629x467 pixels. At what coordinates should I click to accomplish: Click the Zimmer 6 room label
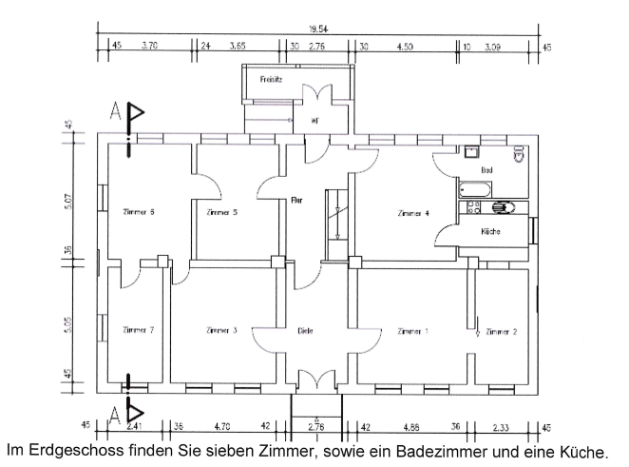pyautogui.click(x=139, y=212)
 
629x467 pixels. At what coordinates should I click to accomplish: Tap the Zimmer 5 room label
pyautogui.click(x=221, y=212)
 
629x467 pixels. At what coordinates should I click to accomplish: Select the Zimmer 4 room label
pyautogui.click(x=413, y=214)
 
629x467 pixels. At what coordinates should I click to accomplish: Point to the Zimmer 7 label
pyautogui.click(x=139, y=330)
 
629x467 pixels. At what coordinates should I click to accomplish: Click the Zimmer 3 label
pyautogui.click(x=221, y=330)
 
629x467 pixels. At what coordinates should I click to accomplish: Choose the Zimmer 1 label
pyautogui.click(x=412, y=331)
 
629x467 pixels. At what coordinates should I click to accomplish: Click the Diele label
pyautogui.click(x=305, y=331)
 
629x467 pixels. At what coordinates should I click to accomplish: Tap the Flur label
pyautogui.click(x=296, y=201)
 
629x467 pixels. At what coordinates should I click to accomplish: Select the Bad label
pyautogui.click(x=487, y=170)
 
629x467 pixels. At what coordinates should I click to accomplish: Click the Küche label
pyautogui.click(x=490, y=231)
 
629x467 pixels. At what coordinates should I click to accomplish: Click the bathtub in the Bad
pyautogui.click(x=474, y=188)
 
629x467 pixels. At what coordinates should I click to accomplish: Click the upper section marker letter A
pyautogui.click(x=115, y=111)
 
